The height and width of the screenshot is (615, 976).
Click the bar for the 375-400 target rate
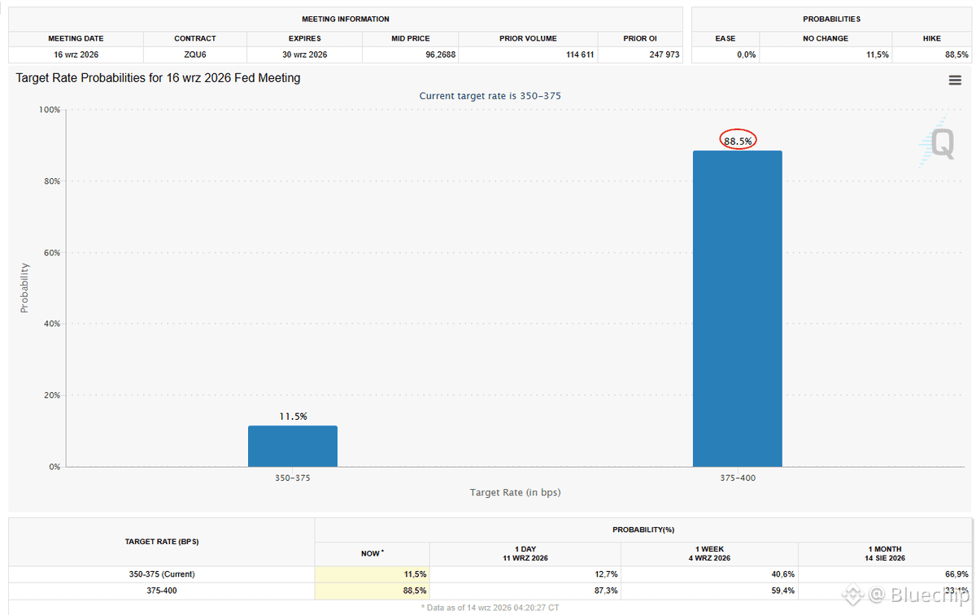click(737, 308)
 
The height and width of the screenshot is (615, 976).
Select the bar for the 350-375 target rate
click(293, 447)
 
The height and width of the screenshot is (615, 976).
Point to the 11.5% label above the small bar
click(293, 417)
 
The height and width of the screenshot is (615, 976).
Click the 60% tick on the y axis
click(52, 253)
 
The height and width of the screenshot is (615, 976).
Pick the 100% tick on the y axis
click(50, 109)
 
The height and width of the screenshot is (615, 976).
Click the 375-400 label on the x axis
click(737, 478)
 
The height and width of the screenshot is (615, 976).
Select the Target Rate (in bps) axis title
click(515, 492)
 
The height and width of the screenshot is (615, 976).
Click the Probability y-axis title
click(24, 288)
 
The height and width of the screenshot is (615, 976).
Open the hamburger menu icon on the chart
click(955, 80)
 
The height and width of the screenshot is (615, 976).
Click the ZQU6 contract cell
click(194, 55)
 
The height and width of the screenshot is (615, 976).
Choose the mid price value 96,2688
click(440, 55)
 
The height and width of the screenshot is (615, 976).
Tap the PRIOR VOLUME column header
click(528, 38)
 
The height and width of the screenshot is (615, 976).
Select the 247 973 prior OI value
click(664, 55)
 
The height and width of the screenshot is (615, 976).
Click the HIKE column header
click(931, 38)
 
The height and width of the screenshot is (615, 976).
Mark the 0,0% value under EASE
click(746, 55)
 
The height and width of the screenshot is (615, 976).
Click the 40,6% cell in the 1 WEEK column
click(782, 574)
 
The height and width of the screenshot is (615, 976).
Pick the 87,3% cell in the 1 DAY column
click(606, 591)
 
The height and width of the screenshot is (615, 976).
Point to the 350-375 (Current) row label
click(162, 574)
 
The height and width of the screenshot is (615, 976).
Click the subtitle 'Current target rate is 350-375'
click(490, 95)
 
